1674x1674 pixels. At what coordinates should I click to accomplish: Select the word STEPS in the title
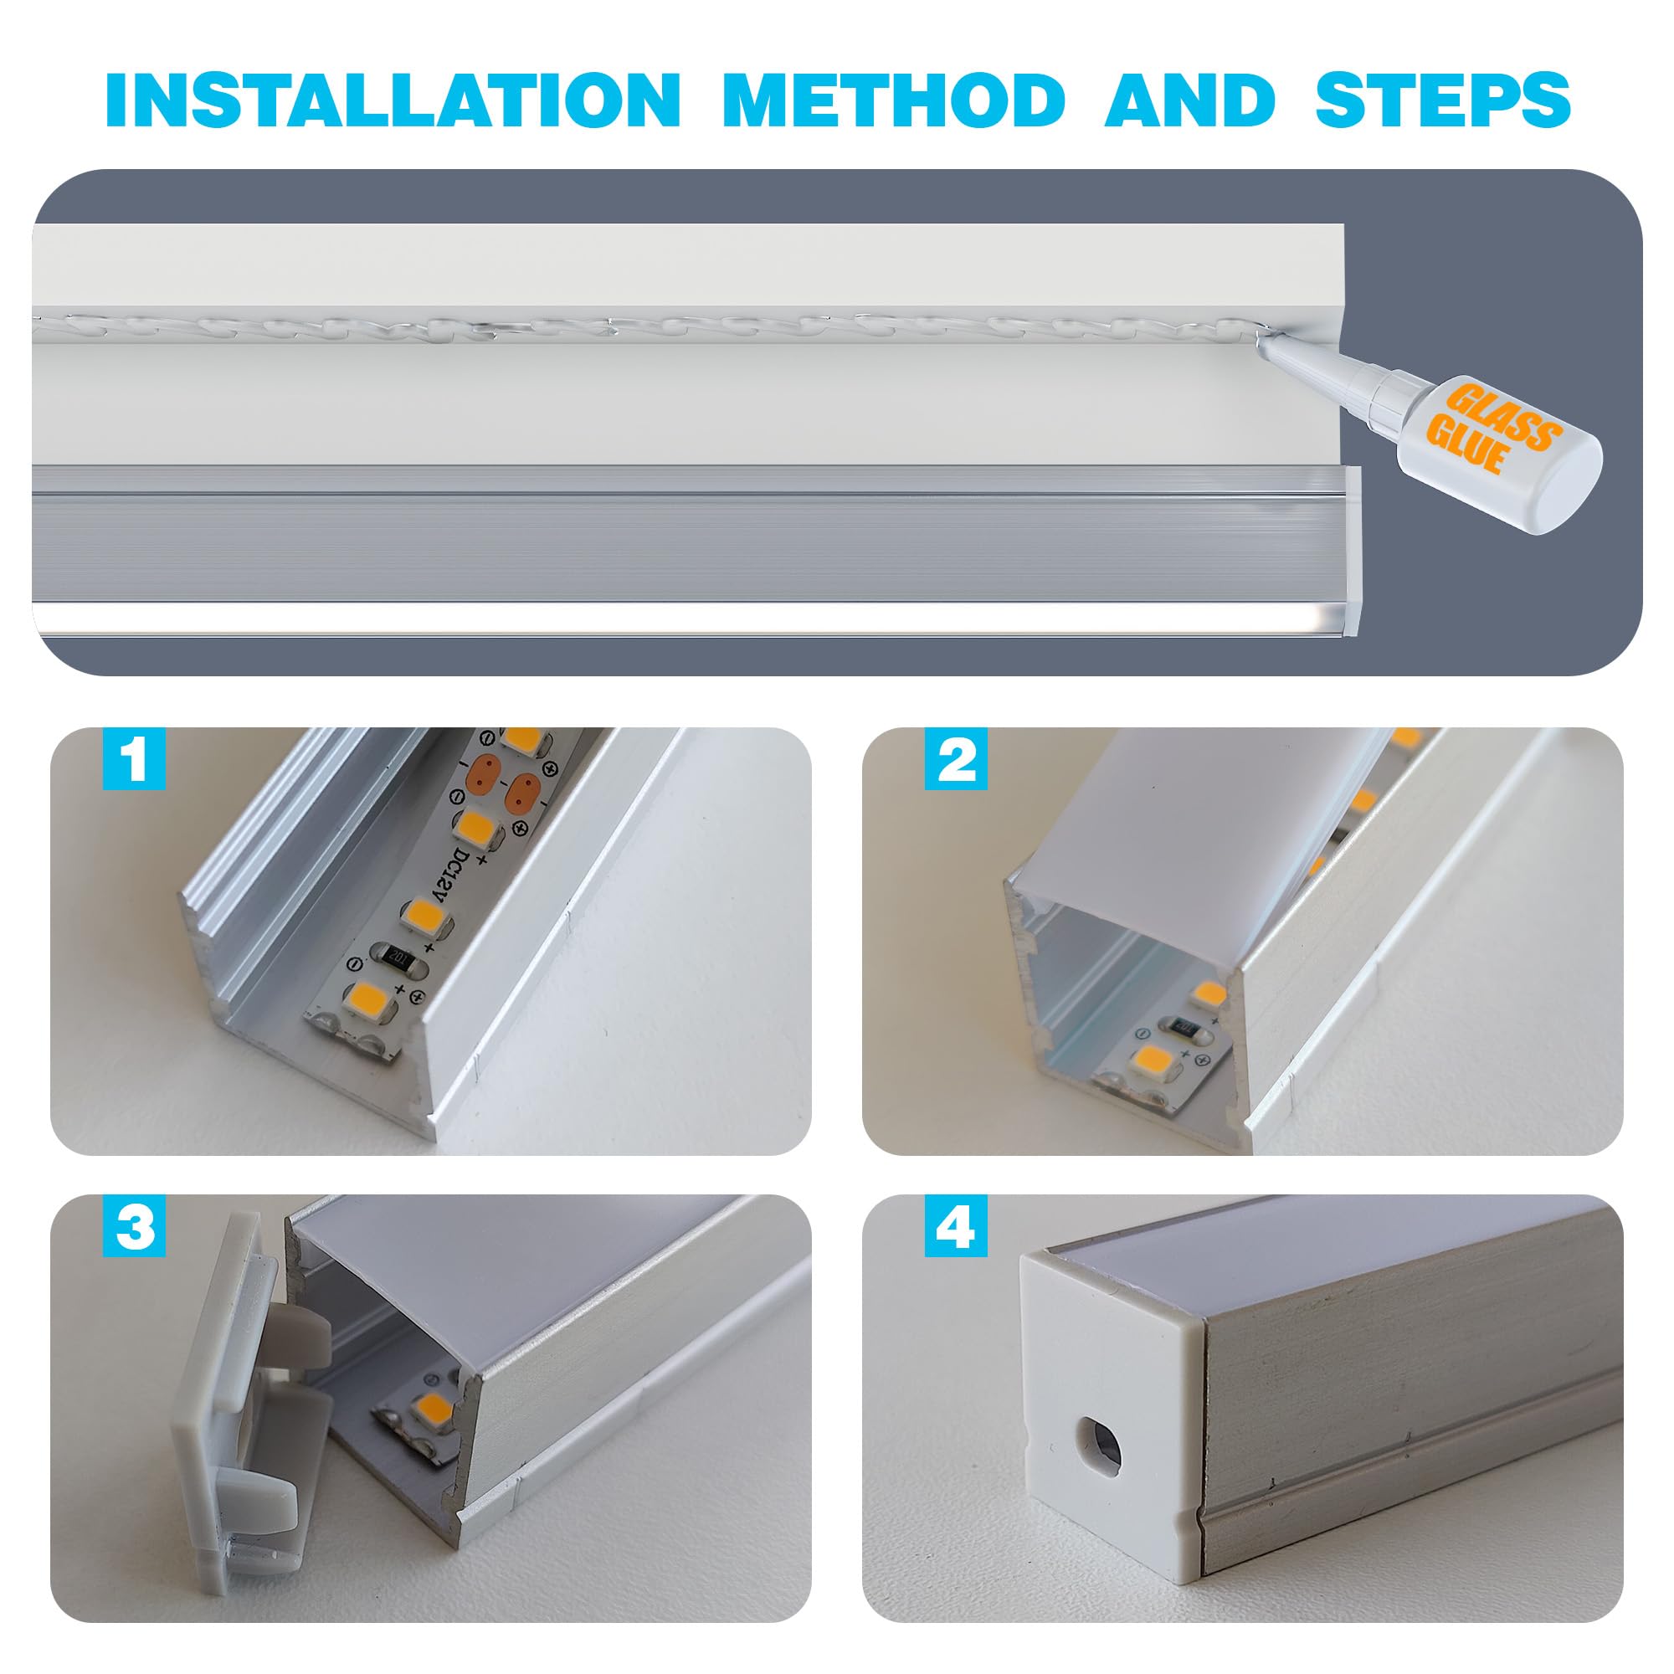1443,100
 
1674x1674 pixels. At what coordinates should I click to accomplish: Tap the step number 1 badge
134,759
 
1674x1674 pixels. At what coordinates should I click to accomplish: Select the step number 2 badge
956,759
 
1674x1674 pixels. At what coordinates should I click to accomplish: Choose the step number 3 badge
134,1225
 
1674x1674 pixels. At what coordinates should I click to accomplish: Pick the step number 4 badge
956,1225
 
